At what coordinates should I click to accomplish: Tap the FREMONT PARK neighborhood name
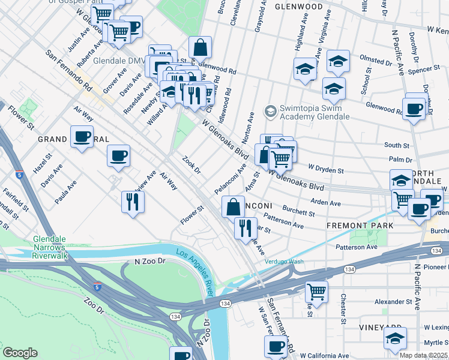[360, 226]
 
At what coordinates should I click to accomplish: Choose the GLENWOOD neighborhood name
[298, 7]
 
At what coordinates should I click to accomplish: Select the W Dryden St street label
[325, 170]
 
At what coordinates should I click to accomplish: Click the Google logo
[20, 352]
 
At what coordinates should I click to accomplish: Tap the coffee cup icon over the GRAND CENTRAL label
[82, 136]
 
